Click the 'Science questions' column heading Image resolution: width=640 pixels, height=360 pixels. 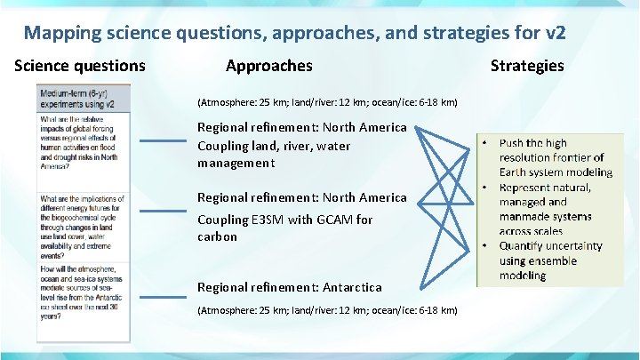79,66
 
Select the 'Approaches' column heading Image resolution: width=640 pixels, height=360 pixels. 268,66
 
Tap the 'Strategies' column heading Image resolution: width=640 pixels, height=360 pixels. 527,66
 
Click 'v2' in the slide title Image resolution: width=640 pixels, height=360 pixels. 554,34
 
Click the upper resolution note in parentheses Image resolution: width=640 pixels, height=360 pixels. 327,103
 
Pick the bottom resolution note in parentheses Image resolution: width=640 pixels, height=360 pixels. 327,310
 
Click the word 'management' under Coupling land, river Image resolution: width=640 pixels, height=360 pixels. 236,163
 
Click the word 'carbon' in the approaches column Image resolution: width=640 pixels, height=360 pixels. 217,236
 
